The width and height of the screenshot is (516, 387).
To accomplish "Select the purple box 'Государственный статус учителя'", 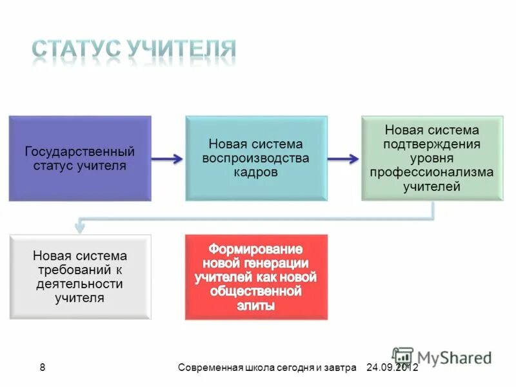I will [80, 159].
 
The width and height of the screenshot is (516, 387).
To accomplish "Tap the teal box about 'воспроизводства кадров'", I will [256, 159].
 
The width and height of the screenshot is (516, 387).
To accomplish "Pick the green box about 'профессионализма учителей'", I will [432, 159].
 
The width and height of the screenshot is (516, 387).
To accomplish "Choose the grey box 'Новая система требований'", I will [80, 277].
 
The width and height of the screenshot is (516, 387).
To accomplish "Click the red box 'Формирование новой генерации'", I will [256, 277].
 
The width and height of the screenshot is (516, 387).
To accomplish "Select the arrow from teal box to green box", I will [344, 159].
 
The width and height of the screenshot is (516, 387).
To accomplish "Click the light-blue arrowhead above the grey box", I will [79, 225].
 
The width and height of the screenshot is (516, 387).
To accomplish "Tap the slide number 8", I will [43, 368].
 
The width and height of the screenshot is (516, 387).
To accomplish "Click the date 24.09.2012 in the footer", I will [392, 368].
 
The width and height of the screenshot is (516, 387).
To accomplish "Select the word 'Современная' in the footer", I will [210, 368].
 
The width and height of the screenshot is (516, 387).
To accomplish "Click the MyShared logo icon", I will [402, 357].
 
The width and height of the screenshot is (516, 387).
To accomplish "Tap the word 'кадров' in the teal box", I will [256, 173].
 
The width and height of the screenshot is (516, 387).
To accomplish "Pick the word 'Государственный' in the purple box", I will [80, 152].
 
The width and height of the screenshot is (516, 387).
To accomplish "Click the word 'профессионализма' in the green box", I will [432, 173].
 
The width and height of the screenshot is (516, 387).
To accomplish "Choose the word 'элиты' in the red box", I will [256, 306].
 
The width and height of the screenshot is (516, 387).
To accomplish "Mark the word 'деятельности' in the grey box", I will [80, 284].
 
